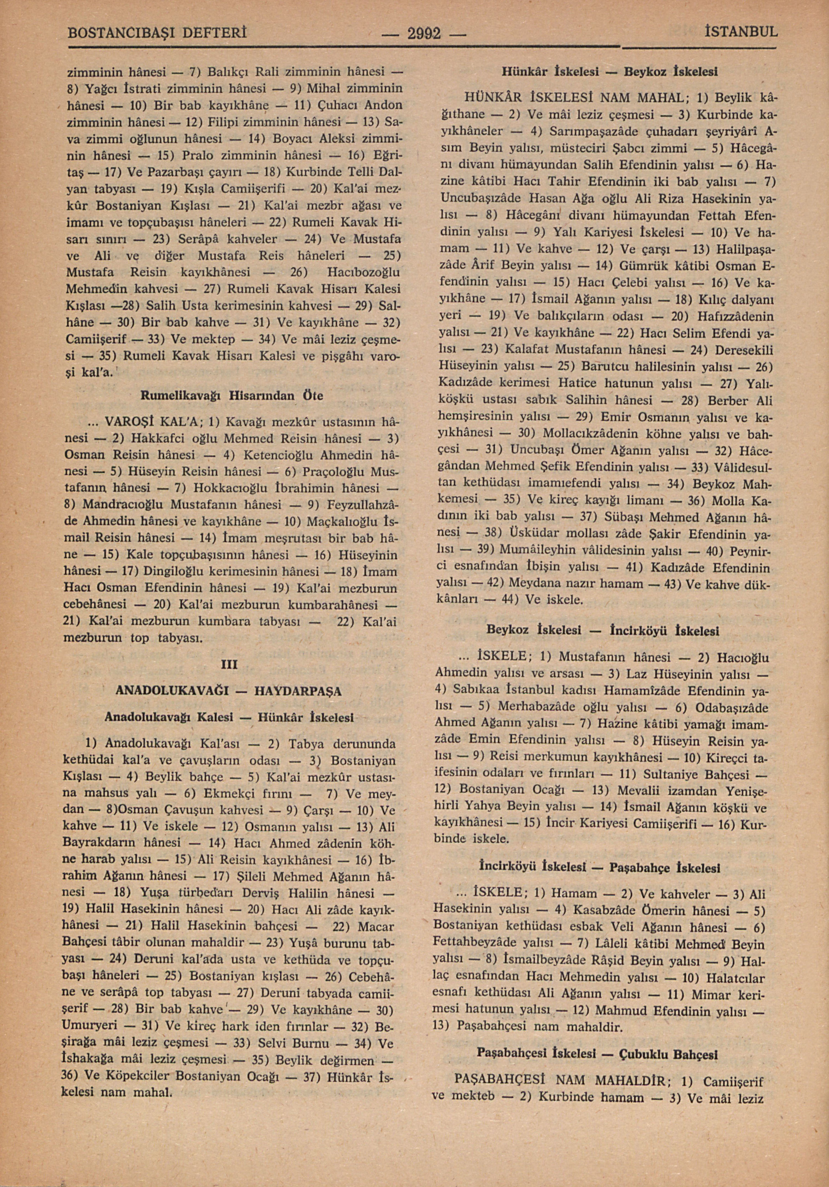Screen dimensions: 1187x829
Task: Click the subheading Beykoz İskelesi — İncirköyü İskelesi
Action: (x=603, y=631)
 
